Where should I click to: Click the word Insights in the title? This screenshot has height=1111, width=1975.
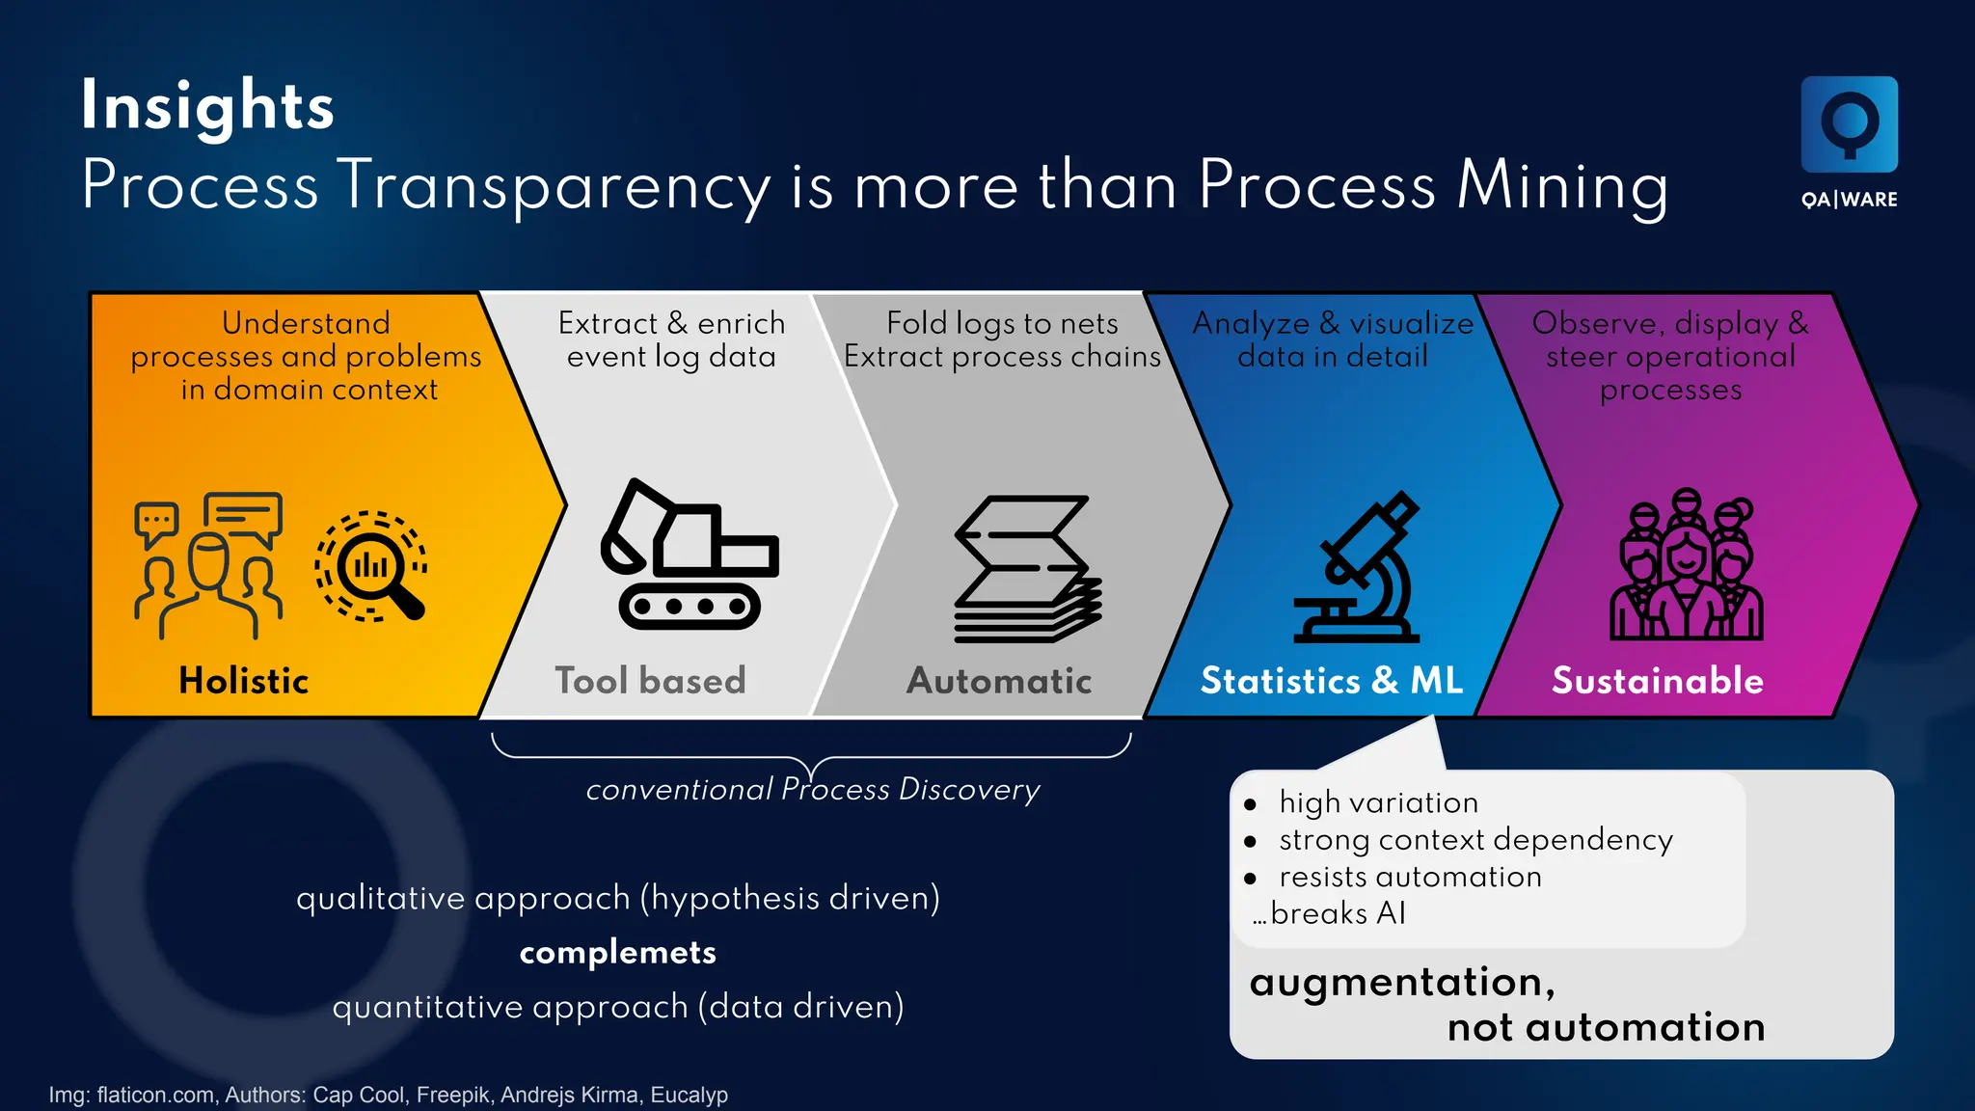coord(207,106)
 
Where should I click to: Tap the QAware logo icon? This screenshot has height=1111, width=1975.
coord(1849,124)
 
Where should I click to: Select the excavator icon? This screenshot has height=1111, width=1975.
coord(690,555)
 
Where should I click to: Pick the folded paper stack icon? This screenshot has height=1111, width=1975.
coord(1027,569)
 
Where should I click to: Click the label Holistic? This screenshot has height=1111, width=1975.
coord(244,681)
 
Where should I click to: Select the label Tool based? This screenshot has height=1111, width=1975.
coord(650,681)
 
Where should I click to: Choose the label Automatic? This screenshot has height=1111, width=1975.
coord(999,681)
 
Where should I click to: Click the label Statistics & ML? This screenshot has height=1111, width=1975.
coord(1332,681)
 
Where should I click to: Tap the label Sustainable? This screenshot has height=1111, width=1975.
coord(1658,681)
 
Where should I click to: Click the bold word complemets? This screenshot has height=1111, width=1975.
coord(618,953)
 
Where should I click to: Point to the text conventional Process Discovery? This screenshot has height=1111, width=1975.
coord(813,790)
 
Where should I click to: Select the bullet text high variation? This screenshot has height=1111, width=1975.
coord(1378,802)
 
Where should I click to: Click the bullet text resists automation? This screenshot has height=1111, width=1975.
coord(1410,877)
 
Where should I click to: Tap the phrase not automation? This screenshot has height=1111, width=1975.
coord(1606,1028)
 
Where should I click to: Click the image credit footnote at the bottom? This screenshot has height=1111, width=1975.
coord(389,1095)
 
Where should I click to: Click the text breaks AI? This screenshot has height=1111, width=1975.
coord(1338,913)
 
